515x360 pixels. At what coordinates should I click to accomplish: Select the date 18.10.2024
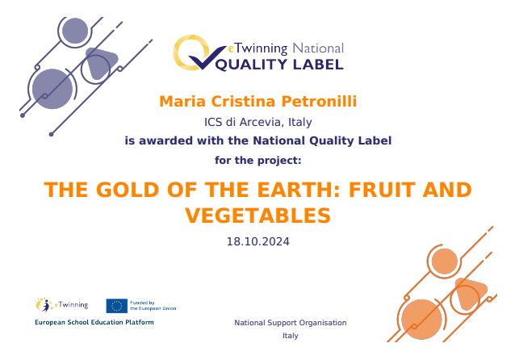click(x=257, y=241)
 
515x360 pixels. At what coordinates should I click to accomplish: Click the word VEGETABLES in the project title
click(x=257, y=216)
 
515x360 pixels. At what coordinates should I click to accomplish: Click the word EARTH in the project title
click(x=268, y=190)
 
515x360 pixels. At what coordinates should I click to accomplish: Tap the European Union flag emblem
click(x=116, y=305)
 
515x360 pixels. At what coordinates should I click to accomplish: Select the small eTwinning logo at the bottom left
click(x=56, y=305)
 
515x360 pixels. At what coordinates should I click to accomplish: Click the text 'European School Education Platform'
click(x=94, y=322)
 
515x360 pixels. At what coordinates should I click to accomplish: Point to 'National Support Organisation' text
click(x=291, y=323)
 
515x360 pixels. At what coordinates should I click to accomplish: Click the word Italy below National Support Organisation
click(x=291, y=336)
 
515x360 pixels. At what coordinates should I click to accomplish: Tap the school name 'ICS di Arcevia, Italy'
click(x=257, y=123)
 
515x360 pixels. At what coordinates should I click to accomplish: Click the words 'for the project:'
click(x=257, y=159)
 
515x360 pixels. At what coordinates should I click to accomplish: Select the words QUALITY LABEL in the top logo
click(x=283, y=64)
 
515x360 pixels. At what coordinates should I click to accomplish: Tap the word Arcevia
click(x=257, y=123)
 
